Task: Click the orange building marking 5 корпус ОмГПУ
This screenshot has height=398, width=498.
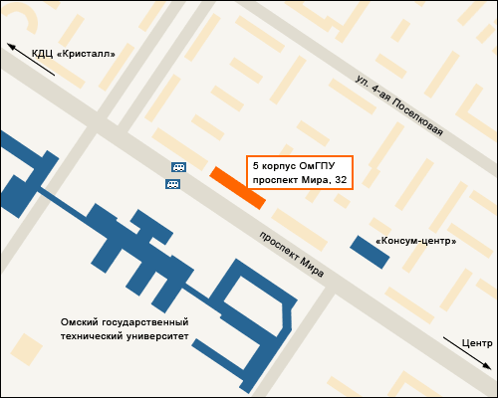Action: click(237, 187)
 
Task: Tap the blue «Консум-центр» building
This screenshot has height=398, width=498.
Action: click(369, 251)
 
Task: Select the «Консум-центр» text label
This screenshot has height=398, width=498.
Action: click(415, 241)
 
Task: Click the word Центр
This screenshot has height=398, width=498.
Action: click(477, 342)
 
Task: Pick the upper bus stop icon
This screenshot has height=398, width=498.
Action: click(178, 167)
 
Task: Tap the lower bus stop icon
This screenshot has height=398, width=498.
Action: click(172, 183)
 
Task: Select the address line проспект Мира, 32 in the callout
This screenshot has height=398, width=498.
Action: click(300, 180)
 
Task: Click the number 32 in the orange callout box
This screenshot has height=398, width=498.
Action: click(341, 180)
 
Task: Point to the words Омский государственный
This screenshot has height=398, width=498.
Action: click(124, 322)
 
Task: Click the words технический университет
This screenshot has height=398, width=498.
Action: click(124, 336)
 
